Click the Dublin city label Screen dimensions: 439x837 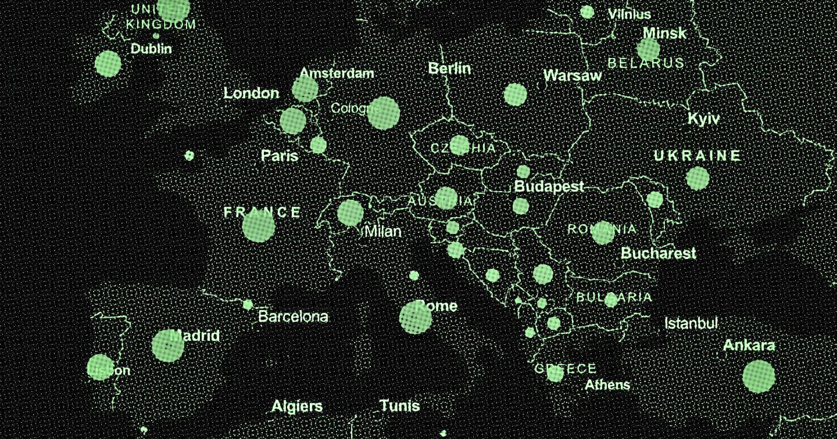[x=151, y=49]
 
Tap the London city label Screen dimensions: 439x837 [x=251, y=93]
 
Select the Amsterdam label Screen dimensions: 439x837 [x=337, y=74]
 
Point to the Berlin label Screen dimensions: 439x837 [x=449, y=69]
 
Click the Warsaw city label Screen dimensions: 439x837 [x=573, y=75]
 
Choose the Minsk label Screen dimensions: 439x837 [x=664, y=33]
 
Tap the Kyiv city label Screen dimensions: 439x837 [x=703, y=119]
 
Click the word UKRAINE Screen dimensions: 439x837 [x=697, y=156]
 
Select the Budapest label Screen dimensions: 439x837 [x=549, y=187]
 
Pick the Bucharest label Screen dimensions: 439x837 [x=658, y=253]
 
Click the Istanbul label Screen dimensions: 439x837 [x=691, y=323]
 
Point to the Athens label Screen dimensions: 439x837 [x=607, y=384]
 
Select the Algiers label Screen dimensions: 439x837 [x=296, y=406]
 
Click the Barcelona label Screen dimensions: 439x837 [x=293, y=316]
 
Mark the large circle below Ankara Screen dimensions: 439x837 [x=759, y=376]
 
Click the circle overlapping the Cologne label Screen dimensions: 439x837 [x=383, y=113]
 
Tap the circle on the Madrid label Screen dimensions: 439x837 [x=167, y=346]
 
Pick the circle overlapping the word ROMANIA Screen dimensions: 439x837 [x=603, y=232]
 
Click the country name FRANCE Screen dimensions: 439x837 [x=263, y=213]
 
